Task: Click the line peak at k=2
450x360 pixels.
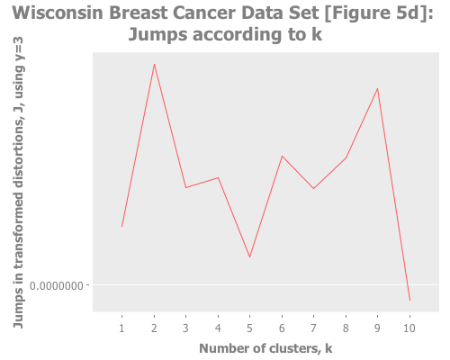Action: pyautogui.click(x=154, y=64)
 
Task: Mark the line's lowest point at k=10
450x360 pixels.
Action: pyautogui.click(x=409, y=301)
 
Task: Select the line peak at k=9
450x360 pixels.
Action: pyautogui.click(x=377, y=88)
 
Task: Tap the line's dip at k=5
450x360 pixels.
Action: pyautogui.click(x=249, y=257)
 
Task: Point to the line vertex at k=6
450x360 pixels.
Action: pyautogui.click(x=282, y=156)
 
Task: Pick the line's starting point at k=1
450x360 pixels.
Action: pyautogui.click(x=121, y=227)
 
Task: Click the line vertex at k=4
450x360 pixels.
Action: pyautogui.click(x=218, y=177)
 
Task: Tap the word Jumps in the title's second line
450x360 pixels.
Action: pyautogui.click(x=159, y=35)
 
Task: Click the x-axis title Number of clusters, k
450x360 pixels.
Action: pyautogui.click(x=265, y=347)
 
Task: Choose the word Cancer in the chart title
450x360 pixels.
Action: pyautogui.click(x=204, y=14)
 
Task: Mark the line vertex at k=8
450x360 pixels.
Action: pyautogui.click(x=346, y=158)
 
